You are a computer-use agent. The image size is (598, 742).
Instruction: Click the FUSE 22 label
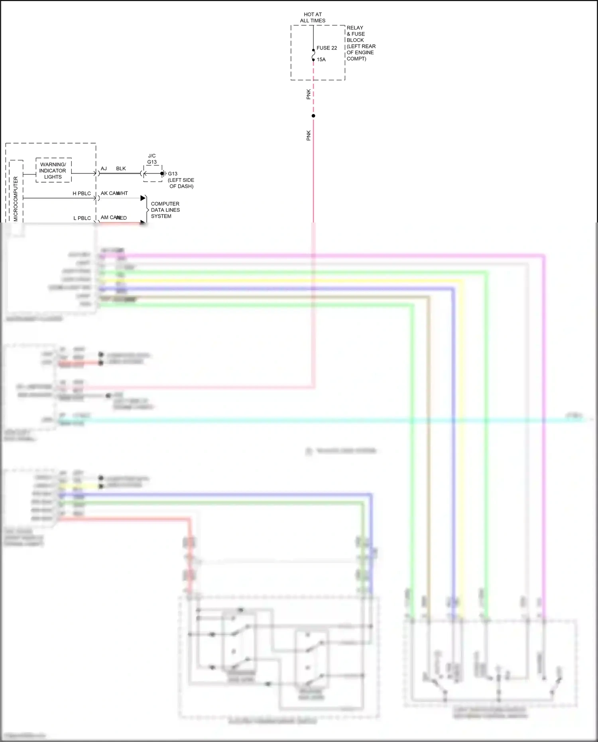coord(327,48)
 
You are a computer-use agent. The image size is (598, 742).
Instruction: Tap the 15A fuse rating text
coord(321,59)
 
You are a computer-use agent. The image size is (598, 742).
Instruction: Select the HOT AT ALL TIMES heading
coord(313,18)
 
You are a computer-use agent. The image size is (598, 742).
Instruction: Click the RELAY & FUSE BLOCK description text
coord(360,43)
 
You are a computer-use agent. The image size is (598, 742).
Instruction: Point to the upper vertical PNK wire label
coord(309,94)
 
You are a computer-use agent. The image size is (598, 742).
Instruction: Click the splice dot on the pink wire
coord(313,116)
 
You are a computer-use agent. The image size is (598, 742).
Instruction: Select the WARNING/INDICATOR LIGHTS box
coord(53,171)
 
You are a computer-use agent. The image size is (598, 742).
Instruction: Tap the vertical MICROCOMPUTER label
coord(16,198)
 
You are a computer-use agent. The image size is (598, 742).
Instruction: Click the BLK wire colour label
coord(121,169)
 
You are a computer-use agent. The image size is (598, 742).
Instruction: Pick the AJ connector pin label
coord(104,169)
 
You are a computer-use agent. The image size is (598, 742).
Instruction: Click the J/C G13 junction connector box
coord(152,174)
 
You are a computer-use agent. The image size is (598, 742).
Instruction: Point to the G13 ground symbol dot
coord(162,173)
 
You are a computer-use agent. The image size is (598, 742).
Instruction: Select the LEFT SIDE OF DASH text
coord(181,183)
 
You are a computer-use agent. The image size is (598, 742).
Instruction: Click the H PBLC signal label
coord(82,193)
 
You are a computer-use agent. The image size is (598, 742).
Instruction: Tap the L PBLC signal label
coord(82,218)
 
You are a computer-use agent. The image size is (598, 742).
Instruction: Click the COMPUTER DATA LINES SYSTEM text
coord(165,210)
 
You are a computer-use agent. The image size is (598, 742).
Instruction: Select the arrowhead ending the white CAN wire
coord(143,198)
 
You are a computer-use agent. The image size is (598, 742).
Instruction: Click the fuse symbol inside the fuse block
coord(313,55)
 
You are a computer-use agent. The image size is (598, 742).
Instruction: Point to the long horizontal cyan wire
coord(319,420)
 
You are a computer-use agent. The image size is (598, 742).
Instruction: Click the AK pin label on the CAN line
coord(104,193)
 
